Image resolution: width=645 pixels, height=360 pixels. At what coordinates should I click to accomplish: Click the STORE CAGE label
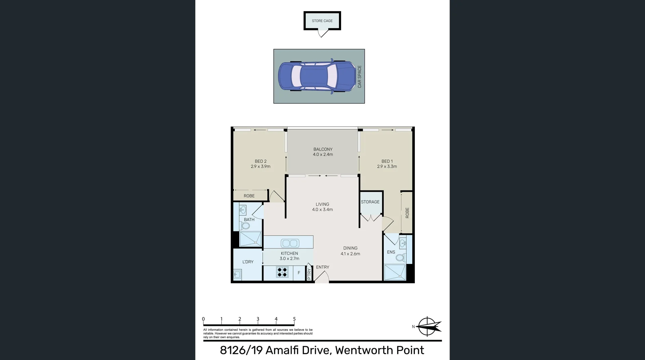coord(322,21)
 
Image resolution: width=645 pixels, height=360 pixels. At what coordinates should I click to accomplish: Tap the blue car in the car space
coord(317,76)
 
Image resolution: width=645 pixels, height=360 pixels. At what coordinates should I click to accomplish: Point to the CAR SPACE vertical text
coord(359,77)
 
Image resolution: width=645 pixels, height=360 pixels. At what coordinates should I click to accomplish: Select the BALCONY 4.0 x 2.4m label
coord(323,152)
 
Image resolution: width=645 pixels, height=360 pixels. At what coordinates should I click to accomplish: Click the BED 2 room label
coord(260,161)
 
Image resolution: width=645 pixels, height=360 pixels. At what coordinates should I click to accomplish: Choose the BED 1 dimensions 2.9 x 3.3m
coord(387,167)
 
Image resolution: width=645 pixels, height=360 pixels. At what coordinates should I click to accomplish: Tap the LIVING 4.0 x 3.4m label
coord(322,207)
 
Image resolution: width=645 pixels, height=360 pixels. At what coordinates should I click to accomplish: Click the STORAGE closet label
coord(370,202)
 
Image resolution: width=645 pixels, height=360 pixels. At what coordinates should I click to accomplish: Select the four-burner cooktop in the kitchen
coord(282,272)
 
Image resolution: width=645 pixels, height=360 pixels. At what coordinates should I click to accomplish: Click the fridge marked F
coord(299,273)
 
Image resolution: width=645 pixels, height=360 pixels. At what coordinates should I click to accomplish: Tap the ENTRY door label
coord(322,267)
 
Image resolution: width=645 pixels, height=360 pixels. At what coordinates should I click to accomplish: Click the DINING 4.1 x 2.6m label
coord(350,251)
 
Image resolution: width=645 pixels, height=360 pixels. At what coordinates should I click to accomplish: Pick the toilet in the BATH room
coord(245,225)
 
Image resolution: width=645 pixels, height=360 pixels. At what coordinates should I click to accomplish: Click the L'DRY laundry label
coord(248,262)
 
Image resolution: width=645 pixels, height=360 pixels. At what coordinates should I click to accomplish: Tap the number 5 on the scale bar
coord(294,319)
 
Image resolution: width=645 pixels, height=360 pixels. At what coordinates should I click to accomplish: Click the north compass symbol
coord(428,326)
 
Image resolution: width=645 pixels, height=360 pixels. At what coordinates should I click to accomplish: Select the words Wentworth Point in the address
coord(379,350)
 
